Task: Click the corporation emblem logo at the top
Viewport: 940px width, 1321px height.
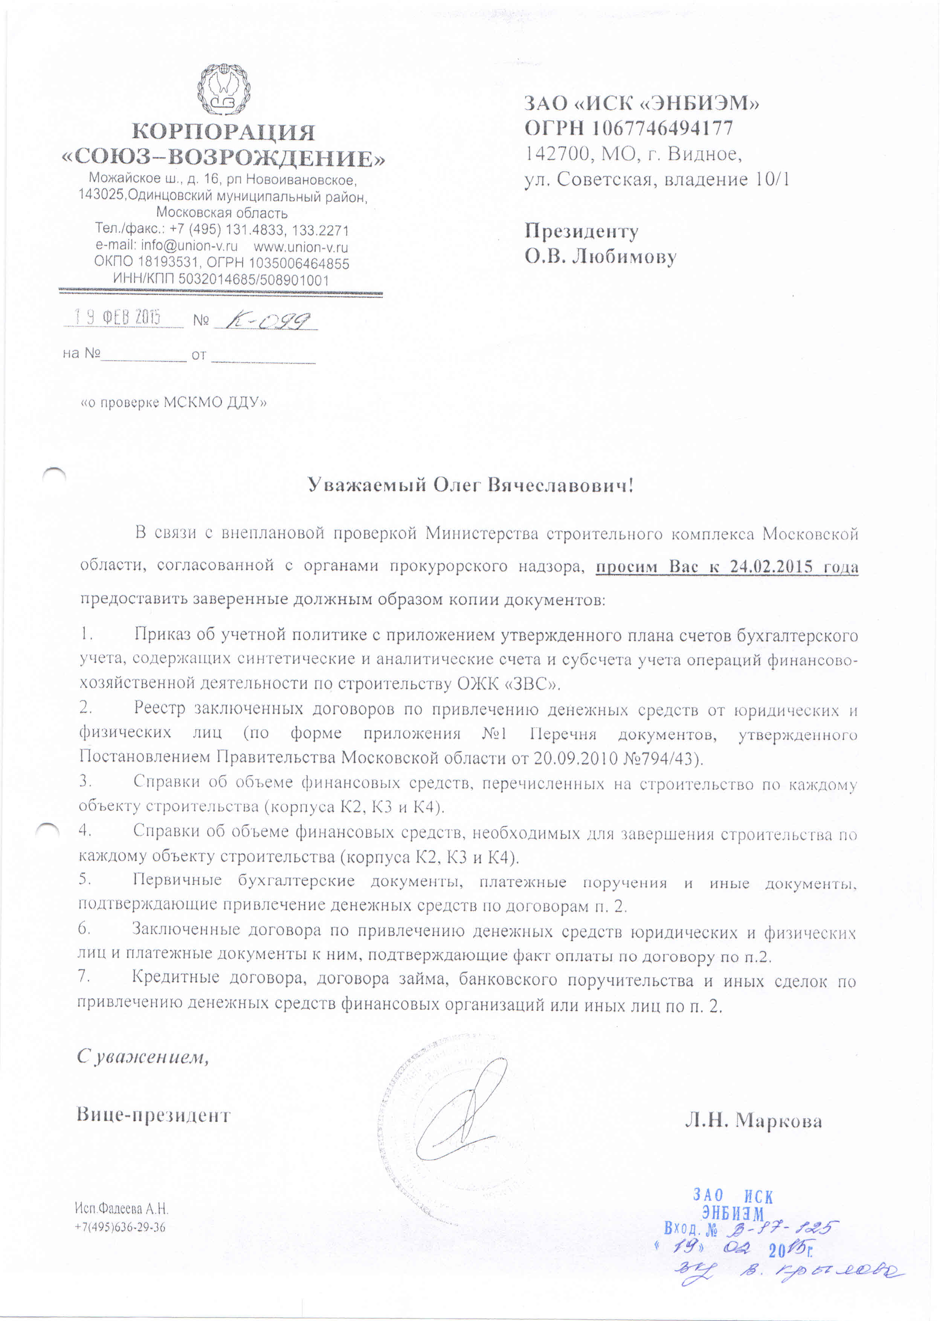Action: pos(223,91)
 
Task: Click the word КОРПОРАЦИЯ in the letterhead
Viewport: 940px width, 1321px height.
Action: pos(223,132)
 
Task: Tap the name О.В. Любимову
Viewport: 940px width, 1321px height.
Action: pos(600,257)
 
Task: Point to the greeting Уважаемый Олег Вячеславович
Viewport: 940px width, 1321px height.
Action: pos(470,484)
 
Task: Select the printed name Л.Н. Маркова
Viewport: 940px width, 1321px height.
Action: pos(753,1120)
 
